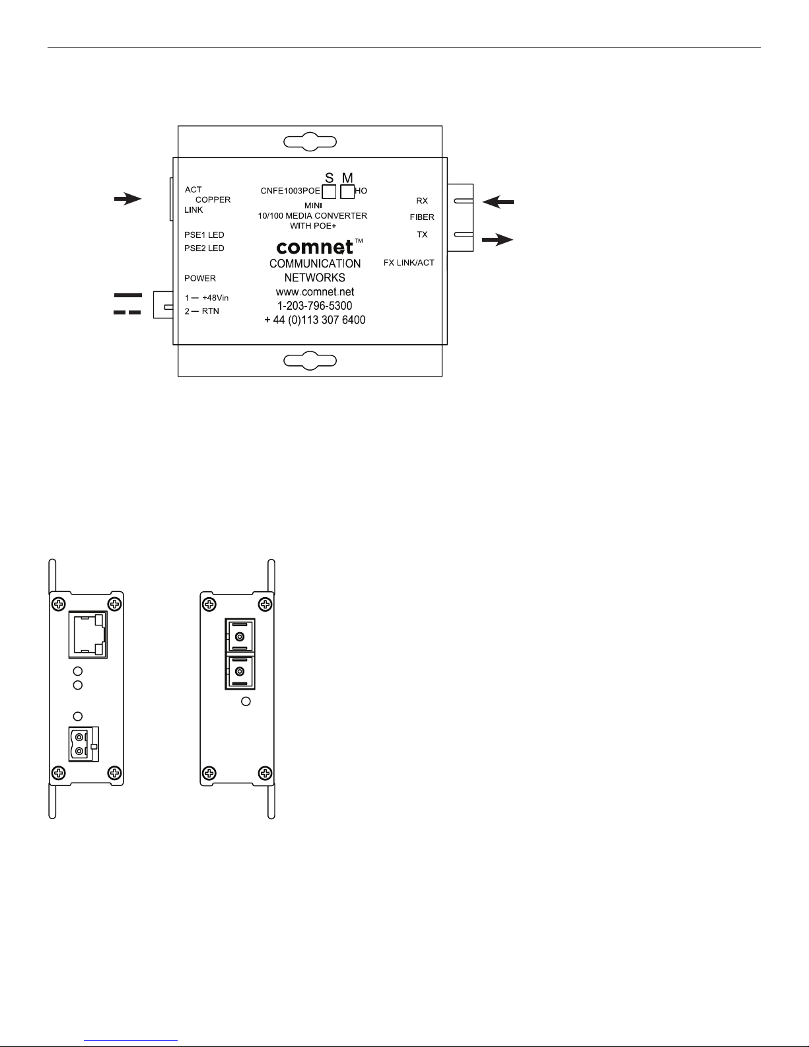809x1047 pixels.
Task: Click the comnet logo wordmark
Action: [315, 247]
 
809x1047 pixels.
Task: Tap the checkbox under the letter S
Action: [329, 192]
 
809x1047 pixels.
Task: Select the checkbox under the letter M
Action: [347, 192]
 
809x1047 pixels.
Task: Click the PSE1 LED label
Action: [204, 235]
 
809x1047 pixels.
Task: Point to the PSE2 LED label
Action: [204, 248]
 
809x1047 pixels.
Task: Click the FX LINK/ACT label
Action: [409, 263]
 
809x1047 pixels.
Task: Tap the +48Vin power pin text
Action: [215, 298]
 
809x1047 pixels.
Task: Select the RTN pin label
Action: [211, 311]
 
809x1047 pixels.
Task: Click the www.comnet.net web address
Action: [315, 292]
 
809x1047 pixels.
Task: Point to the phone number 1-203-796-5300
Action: [315, 306]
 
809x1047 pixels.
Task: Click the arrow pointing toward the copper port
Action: [127, 199]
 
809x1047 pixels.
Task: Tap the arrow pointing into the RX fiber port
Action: [498, 202]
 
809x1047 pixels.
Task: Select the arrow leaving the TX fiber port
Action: [497, 240]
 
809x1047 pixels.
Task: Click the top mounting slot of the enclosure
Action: [310, 142]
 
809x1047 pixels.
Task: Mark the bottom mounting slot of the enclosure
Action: [310, 361]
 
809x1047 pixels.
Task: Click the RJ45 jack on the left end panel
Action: [88, 635]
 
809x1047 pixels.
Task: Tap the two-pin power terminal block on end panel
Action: [84, 744]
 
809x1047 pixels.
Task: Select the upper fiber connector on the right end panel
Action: [240, 637]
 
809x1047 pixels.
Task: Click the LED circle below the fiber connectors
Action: [246, 702]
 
